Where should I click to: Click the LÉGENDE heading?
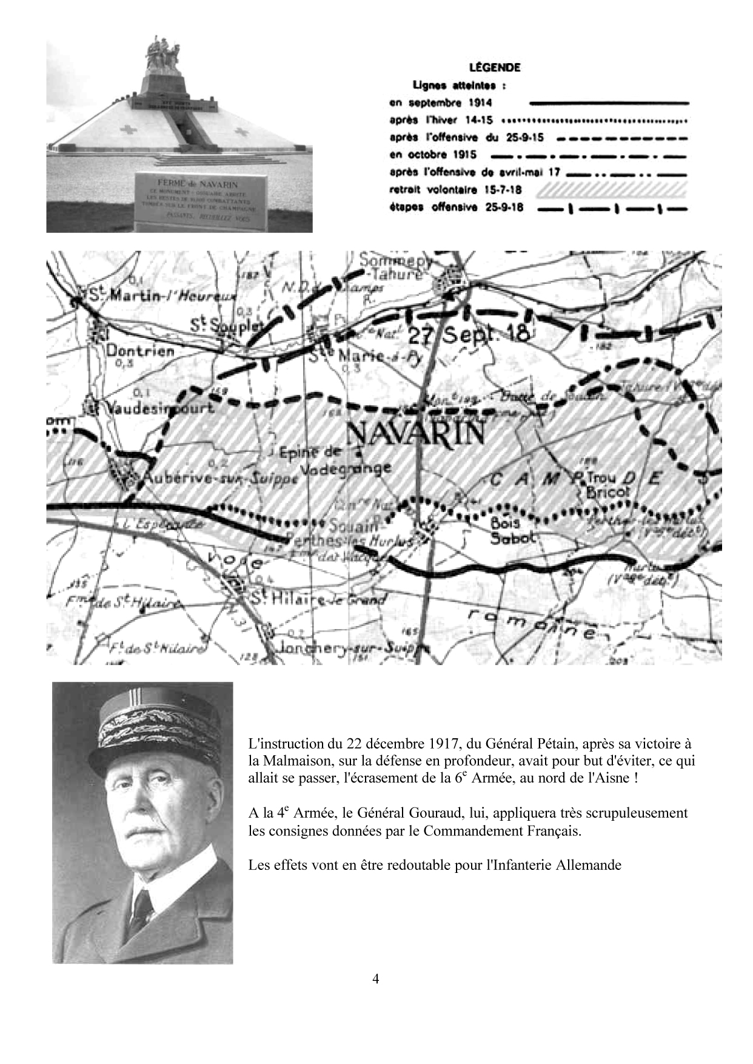[x=495, y=67]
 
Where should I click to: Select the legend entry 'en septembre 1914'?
[x=441, y=103]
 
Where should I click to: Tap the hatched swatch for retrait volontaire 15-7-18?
[x=613, y=189]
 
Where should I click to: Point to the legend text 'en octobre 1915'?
[x=433, y=155]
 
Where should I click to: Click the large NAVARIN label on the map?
[x=415, y=433]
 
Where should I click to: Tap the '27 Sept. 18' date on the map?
[x=469, y=334]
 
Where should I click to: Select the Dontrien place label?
[x=140, y=350]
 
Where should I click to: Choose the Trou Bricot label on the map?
[x=609, y=485]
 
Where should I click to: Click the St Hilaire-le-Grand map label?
[x=319, y=599]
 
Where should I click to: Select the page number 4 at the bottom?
[x=376, y=978]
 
